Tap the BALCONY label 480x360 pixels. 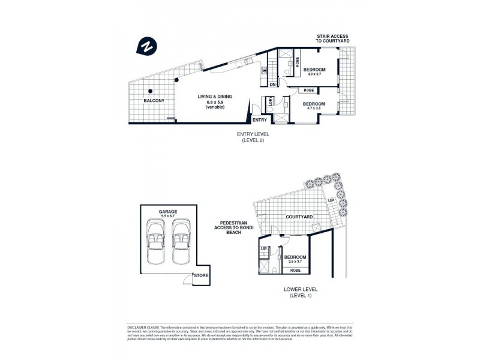(x=154, y=100)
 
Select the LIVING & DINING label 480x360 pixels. (x=215, y=97)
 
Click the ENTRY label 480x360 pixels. (x=259, y=120)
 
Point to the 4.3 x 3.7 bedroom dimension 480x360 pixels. (x=314, y=74)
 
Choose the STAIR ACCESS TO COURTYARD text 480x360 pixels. (x=333, y=38)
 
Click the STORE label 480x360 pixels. (x=201, y=276)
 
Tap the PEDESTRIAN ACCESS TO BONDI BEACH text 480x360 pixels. (x=229, y=228)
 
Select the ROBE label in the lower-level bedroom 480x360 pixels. (x=296, y=271)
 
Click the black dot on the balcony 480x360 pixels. (x=151, y=91)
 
